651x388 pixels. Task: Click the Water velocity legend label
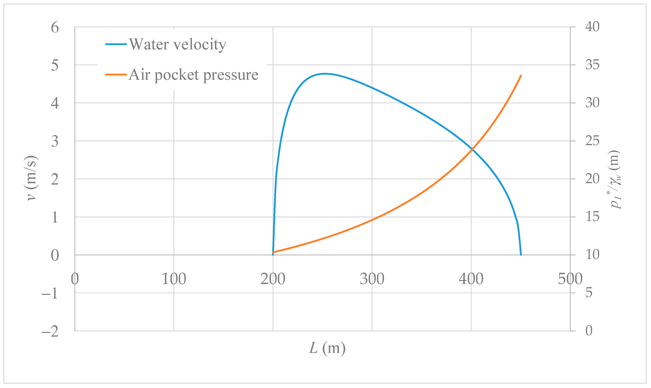tap(178, 45)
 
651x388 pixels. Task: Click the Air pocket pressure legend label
tap(193, 75)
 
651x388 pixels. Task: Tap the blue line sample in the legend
tap(116, 44)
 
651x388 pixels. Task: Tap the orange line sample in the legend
tap(116, 74)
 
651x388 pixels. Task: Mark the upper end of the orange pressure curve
tap(521, 76)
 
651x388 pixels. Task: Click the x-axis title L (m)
tap(327, 348)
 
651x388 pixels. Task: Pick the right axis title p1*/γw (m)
tap(615, 179)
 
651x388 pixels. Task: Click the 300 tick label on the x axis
tap(372, 279)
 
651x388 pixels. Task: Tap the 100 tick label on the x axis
tap(174, 279)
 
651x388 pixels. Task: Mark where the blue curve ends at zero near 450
tap(521, 255)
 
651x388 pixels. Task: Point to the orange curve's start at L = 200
tap(273, 252)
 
